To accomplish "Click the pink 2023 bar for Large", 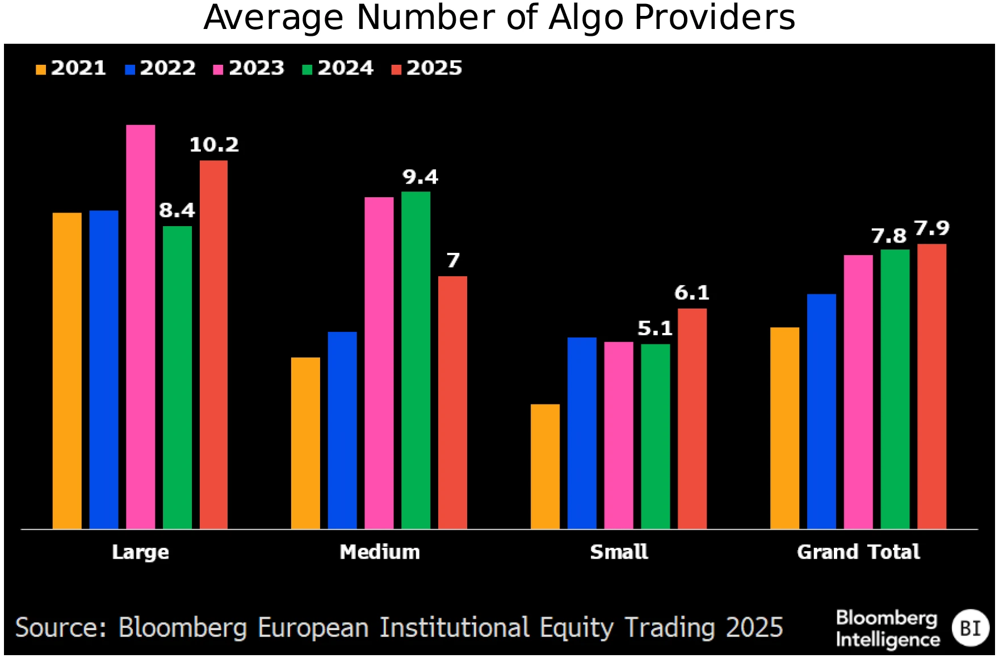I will tap(140, 327).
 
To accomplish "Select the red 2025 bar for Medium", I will tap(452, 402).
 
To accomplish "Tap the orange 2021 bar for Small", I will tap(545, 467).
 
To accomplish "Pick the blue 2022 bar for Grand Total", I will tap(821, 411).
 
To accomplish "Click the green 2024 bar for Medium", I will tap(415, 360).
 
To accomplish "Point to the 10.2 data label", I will tap(214, 145).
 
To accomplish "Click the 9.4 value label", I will tap(420, 177).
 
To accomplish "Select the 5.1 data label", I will tap(654, 328).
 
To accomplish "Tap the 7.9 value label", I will tap(931, 228).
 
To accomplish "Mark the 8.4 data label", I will tap(177, 211).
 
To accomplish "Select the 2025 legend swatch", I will tap(397, 69).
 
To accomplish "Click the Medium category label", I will tap(380, 552).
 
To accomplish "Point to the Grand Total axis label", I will tap(858, 552).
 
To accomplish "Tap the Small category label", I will tap(619, 552).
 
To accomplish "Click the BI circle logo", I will tap(970, 628).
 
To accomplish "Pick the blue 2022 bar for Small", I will tap(582, 433).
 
